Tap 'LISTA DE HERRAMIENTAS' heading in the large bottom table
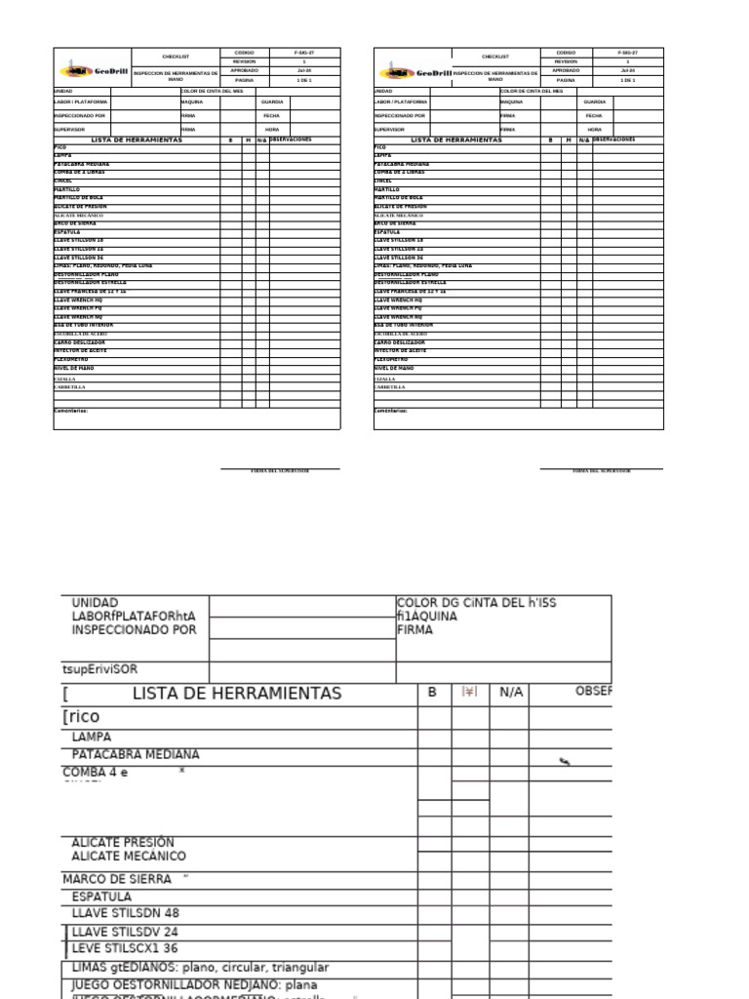click(x=237, y=694)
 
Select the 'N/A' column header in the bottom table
click(x=511, y=693)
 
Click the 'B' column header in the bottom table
click(x=432, y=692)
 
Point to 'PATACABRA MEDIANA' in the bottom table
click(x=135, y=755)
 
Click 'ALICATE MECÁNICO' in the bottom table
click(x=129, y=857)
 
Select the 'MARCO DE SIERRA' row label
click(x=117, y=879)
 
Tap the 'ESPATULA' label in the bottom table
click(x=101, y=896)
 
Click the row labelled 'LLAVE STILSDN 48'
click(x=126, y=913)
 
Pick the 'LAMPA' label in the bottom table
click(x=92, y=738)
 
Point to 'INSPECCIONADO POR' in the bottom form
click(x=134, y=630)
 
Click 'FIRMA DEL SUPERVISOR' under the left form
click(x=280, y=471)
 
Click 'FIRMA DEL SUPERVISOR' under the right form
click(x=602, y=471)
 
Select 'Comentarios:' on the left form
click(x=70, y=411)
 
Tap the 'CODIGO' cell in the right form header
click(x=566, y=52)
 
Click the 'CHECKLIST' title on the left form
click(x=176, y=57)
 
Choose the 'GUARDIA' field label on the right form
click(x=594, y=101)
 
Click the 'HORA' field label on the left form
click(x=271, y=129)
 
